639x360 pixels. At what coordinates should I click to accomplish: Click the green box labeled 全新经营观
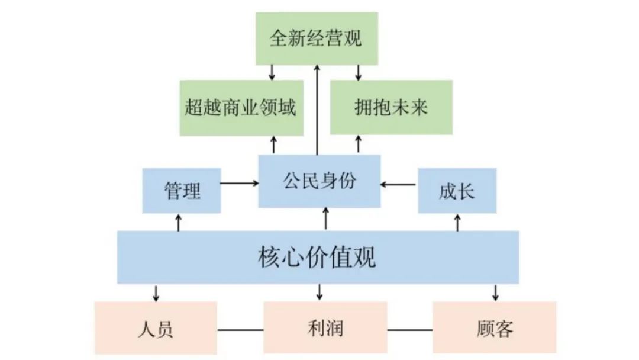tap(317, 38)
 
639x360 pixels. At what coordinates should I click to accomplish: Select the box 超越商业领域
tap(241, 108)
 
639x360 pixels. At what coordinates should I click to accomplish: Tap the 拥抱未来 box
tap(390, 108)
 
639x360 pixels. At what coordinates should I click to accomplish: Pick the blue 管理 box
tap(182, 191)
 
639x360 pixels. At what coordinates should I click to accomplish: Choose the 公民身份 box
tap(319, 181)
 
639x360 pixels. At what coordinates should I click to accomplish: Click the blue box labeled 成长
tap(457, 191)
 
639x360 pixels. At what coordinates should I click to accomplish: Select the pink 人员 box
tap(156, 328)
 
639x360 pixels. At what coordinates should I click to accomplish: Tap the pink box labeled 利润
tap(325, 328)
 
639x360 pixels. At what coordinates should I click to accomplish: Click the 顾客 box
tap(494, 328)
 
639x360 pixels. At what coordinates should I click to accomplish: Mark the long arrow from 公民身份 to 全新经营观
tap(317, 110)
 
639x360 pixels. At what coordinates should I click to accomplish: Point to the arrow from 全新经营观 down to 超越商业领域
tap(272, 72)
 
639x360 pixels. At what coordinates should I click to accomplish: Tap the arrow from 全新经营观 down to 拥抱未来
tap(358, 72)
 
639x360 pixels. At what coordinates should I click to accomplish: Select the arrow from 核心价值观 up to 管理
tap(178, 222)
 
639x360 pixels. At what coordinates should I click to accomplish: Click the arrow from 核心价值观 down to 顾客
tap(495, 292)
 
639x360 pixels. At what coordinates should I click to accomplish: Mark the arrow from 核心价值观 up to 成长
tap(457, 222)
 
